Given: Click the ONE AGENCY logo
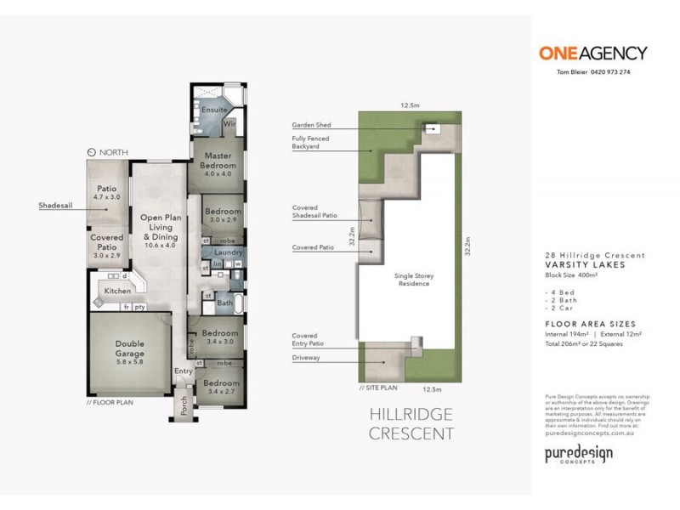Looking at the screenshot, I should coord(592,53).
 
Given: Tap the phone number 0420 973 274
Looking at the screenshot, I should coord(609,72).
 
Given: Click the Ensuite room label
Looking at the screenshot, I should coord(215,110).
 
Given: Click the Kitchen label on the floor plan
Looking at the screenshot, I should coord(117,292).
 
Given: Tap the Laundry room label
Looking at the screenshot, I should coord(229,252).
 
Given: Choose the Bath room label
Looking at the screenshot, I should coord(225,303).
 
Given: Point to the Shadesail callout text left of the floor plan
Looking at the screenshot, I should coord(54,206).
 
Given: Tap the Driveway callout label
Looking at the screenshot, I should coord(305,358).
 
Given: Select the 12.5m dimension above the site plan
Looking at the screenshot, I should coord(411,105).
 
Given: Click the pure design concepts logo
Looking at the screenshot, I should coord(578,455).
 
